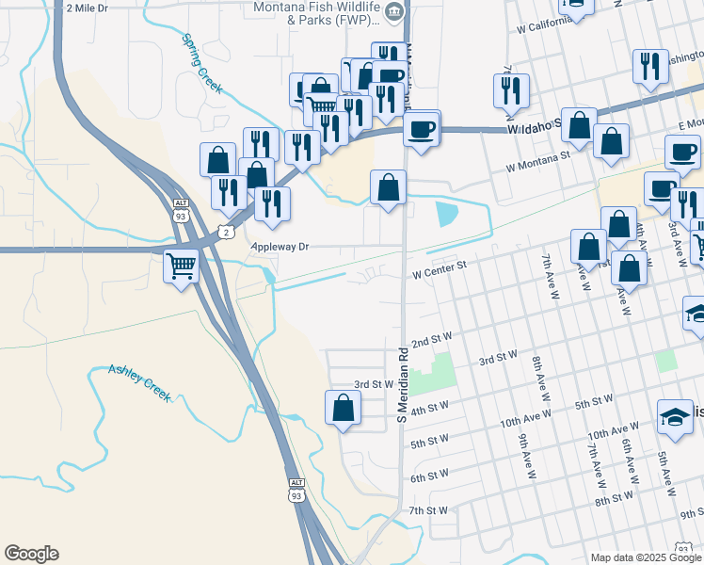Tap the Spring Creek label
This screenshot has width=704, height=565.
point(201,64)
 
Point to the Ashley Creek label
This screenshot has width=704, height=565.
point(139,382)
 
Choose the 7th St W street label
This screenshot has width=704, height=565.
point(428,510)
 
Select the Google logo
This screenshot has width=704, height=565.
point(31,554)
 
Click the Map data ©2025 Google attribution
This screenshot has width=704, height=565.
point(645,557)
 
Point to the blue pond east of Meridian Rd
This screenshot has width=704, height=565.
point(444,212)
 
